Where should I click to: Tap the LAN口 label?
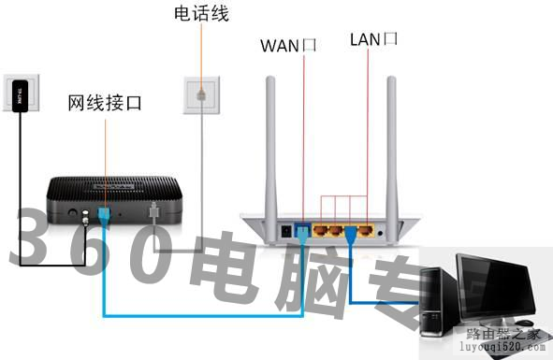(x=373, y=39)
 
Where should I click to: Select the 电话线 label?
(x=200, y=14)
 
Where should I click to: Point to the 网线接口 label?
(x=104, y=101)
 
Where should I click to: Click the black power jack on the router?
(x=285, y=228)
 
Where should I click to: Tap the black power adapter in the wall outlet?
(x=20, y=94)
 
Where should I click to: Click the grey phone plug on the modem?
(x=154, y=214)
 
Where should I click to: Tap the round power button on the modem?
(x=69, y=214)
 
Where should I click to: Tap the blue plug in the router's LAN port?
(x=352, y=230)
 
